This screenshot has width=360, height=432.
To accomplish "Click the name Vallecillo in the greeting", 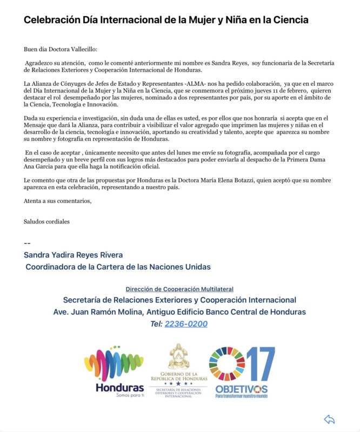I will [x=88, y=49].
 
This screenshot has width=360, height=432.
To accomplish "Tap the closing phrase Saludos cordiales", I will [x=46, y=221].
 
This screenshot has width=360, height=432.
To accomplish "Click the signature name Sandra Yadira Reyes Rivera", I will [x=73, y=255].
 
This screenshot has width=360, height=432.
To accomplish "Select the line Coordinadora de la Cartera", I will [x=118, y=267].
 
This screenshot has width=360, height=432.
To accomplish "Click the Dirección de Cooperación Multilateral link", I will [x=179, y=289].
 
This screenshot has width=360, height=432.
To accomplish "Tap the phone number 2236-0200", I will [x=186, y=324].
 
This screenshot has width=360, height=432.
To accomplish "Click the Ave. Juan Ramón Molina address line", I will [x=179, y=312].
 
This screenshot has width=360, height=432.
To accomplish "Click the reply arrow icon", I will [x=329, y=419].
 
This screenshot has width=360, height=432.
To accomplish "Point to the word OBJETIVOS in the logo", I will [x=241, y=389].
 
